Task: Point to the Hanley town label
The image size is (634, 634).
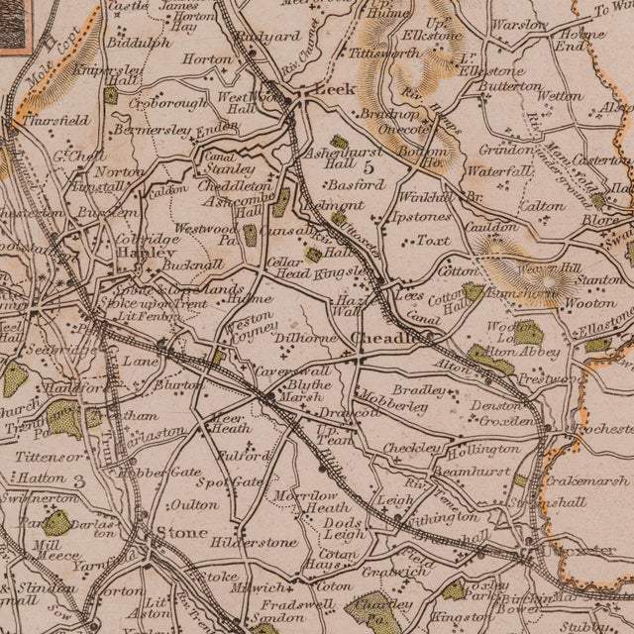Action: click(x=112, y=252)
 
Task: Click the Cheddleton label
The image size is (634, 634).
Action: click(x=237, y=185)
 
